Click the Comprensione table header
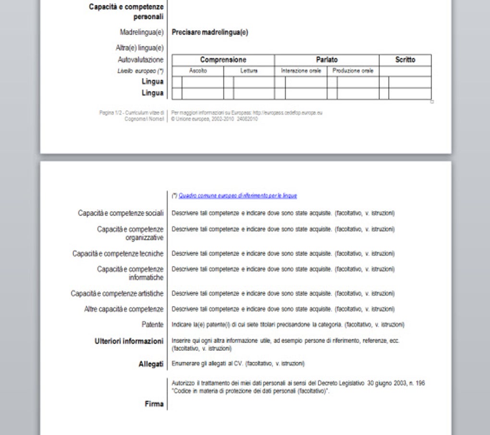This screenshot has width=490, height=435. (x=223, y=60)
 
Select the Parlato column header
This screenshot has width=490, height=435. (x=327, y=60)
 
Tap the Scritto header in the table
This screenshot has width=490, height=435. (x=405, y=60)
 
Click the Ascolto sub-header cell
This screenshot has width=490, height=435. (x=198, y=71)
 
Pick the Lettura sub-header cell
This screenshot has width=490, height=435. (x=249, y=71)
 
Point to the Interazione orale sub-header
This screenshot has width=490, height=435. (x=301, y=71)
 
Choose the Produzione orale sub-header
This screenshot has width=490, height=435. (x=353, y=71)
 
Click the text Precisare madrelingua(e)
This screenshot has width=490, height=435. (x=210, y=33)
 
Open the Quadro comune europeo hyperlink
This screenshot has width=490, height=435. (x=238, y=196)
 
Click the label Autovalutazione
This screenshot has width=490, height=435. (x=141, y=60)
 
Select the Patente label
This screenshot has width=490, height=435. (x=152, y=325)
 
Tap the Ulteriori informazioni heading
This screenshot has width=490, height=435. (x=129, y=341)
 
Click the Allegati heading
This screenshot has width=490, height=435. (x=151, y=364)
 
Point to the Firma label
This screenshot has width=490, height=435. (x=154, y=404)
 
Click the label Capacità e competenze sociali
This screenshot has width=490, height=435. (x=121, y=213)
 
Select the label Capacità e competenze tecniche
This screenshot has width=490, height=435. (x=118, y=254)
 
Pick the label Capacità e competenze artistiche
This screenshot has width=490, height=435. (x=117, y=294)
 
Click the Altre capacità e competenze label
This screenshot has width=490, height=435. (x=124, y=309)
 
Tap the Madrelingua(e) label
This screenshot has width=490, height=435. (x=142, y=33)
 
